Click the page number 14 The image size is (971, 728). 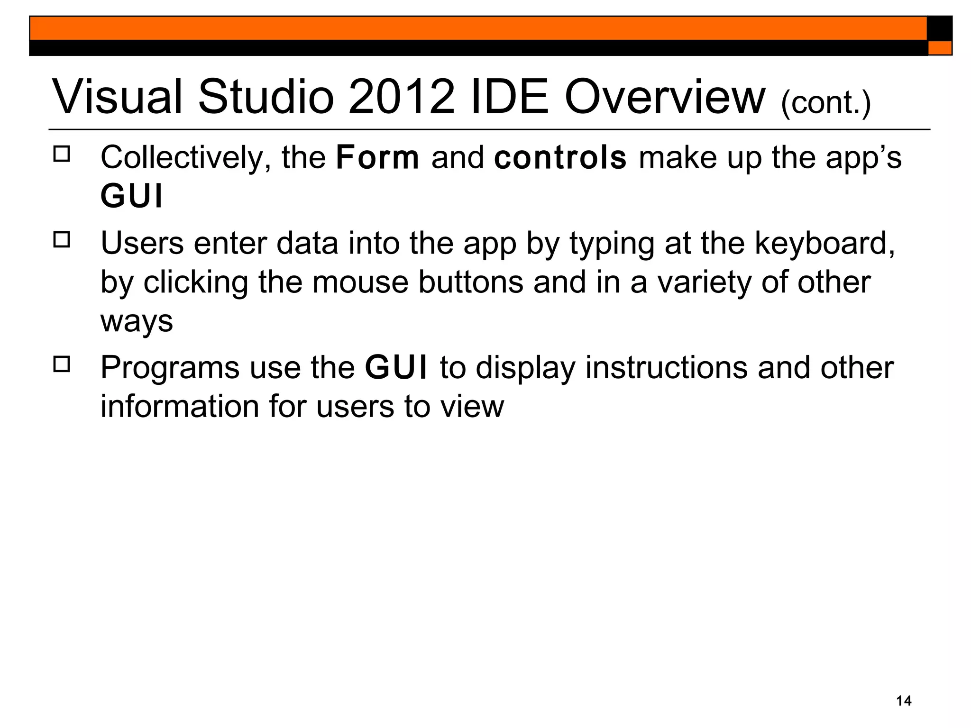click(904, 701)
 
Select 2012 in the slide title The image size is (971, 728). click(401, 97)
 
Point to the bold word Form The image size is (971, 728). click(377, 158)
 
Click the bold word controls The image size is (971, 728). click(560, 158)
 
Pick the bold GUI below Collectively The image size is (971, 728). click(131, 196)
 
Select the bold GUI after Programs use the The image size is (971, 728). click(396, 368)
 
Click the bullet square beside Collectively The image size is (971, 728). click(62, 154)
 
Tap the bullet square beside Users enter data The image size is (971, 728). click(62, 239)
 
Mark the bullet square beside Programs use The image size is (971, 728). click(62, 364)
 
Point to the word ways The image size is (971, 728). click(137, 322)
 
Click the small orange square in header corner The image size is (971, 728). click(940, 48)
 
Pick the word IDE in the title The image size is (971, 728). click(510, 97)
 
